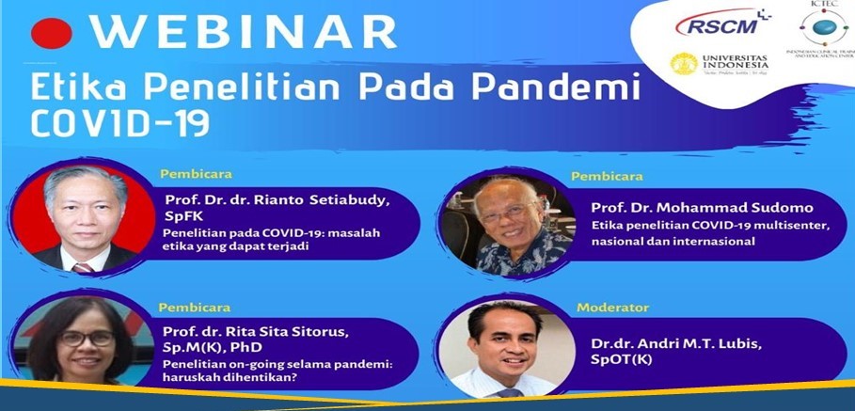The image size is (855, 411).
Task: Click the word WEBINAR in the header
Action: point(244,32)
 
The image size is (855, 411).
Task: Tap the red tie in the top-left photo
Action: point(83,267)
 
